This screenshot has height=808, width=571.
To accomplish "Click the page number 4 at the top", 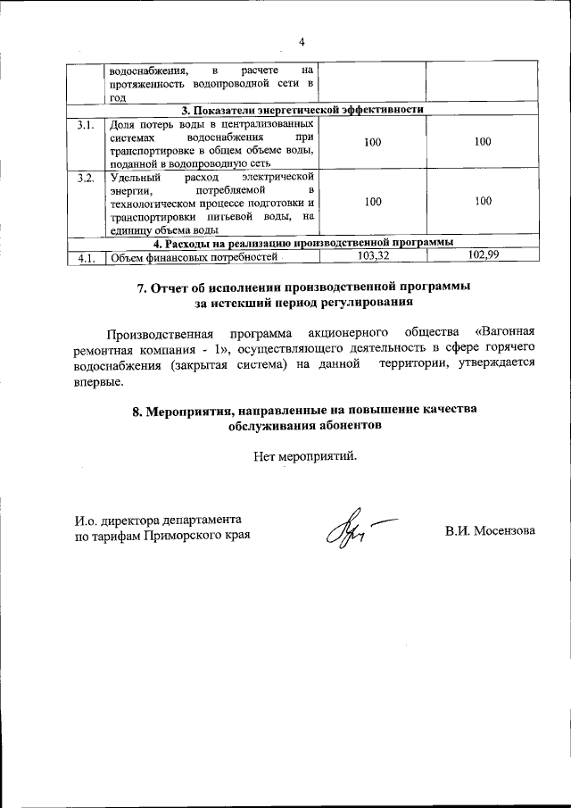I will pyautogui.click(x=302, y=42).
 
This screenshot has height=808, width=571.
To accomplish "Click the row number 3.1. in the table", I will pyautogui.click(x=86, y=125).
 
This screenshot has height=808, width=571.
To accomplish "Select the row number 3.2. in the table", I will pyautogui.click(x=86, y=178).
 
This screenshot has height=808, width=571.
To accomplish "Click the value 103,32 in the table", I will pyautogui.click(x=372, y=256).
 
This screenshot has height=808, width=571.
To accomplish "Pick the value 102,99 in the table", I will pyautogui.click(x=483, y=256).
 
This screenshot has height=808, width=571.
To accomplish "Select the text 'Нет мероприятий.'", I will pyautogui.click(x=304, y=457).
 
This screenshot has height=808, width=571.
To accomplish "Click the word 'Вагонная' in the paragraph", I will pyautogui.click(x=494, y=334).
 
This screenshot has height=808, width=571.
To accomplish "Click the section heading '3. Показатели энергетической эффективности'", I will pyautogui.click(x=302, y=110).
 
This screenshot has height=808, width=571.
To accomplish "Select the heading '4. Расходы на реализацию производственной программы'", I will pyautogui.click(x=302, y=243).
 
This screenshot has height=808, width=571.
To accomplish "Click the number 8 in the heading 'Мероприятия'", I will pyautogui.click(x=137, y=409).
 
